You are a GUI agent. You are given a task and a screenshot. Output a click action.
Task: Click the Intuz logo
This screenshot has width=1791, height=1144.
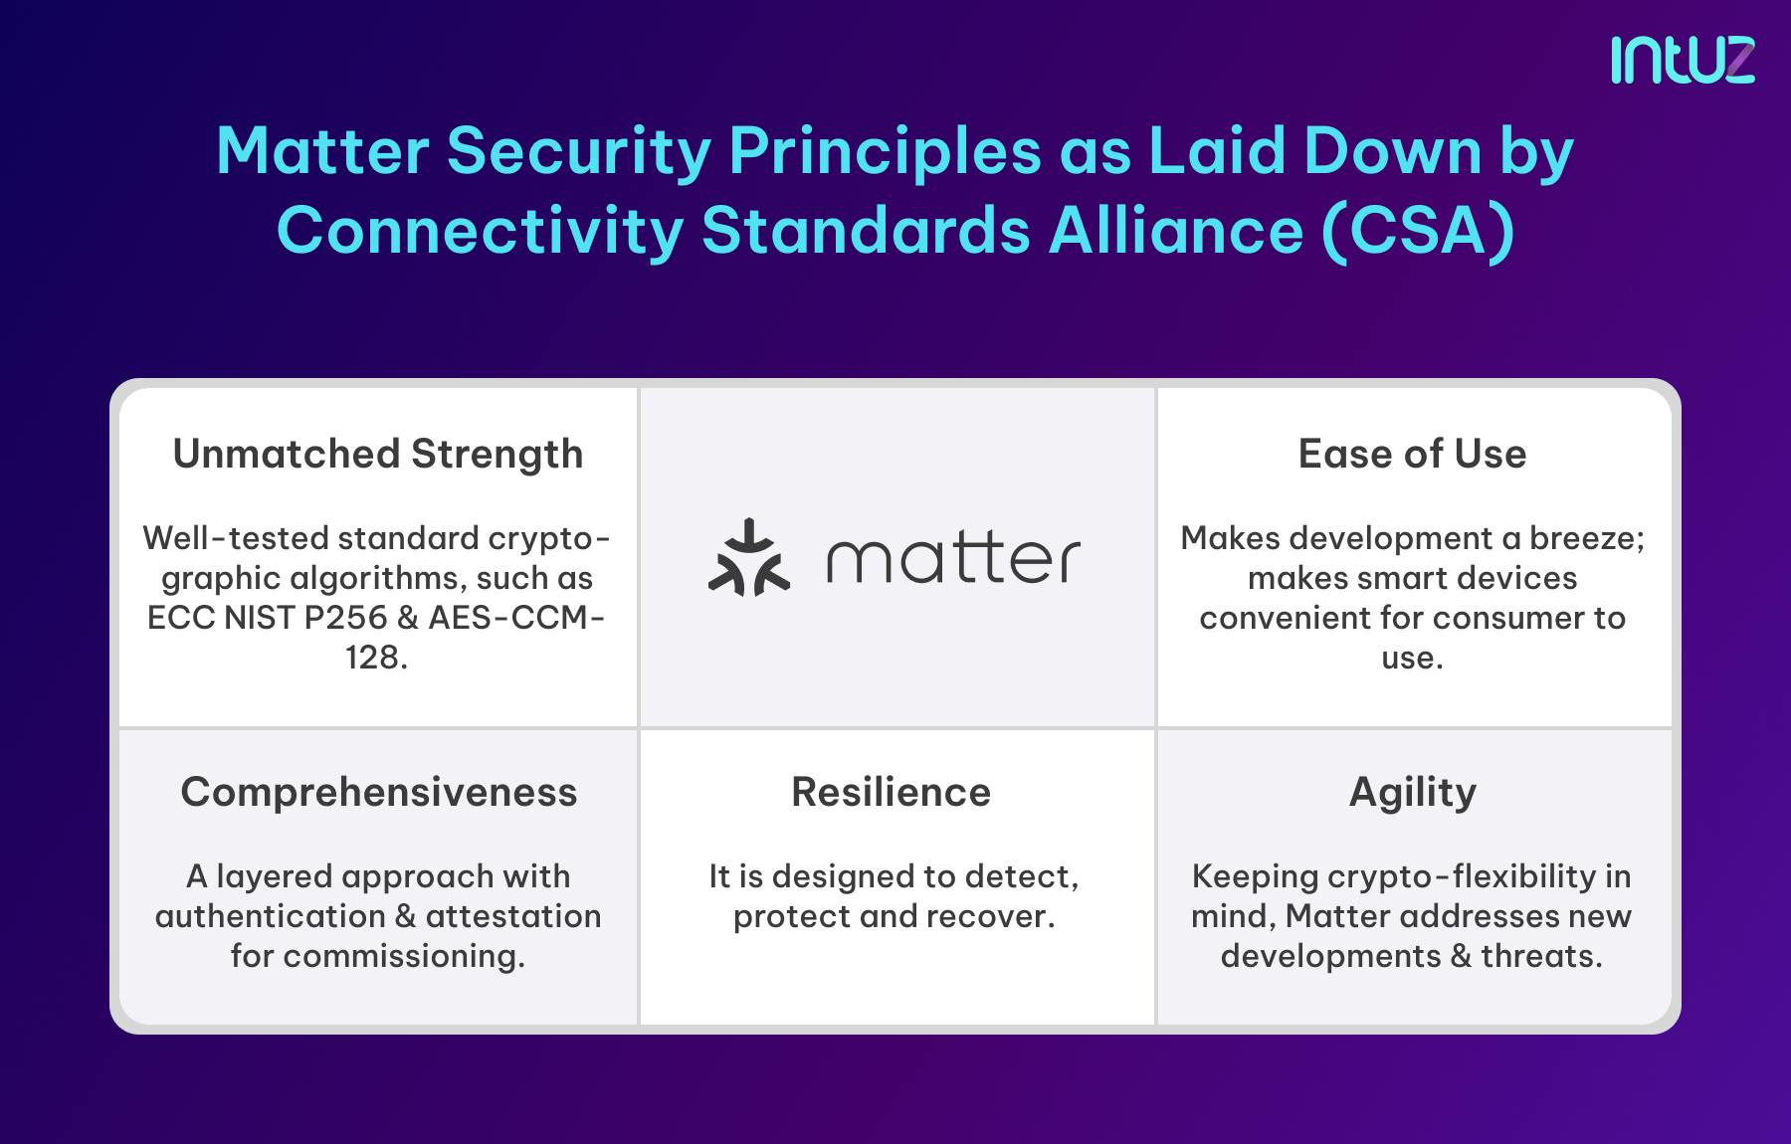click(1683, 60)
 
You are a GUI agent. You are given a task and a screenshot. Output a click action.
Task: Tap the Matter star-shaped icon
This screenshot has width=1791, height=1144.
click(749, 558)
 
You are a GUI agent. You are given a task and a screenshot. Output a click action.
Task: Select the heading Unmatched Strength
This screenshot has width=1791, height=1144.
click(378, 454)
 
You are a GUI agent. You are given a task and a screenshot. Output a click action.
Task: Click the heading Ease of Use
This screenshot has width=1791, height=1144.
click(1412, 454)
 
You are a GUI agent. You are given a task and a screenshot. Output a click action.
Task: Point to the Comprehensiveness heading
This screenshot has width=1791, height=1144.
click(378, 792)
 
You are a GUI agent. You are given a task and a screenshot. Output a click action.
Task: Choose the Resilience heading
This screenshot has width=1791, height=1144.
click(891, 792)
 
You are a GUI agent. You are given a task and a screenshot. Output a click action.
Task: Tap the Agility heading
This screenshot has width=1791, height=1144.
click(1412, 792)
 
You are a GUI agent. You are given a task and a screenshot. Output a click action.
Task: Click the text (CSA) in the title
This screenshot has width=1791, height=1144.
click(1419, 231)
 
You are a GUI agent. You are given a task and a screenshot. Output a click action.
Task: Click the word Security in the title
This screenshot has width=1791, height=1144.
click(578, 151)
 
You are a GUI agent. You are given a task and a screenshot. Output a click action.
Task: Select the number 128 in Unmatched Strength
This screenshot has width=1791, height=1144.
click(370, 658)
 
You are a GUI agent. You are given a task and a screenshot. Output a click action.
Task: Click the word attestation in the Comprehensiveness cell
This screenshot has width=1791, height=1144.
click(513, 916)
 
